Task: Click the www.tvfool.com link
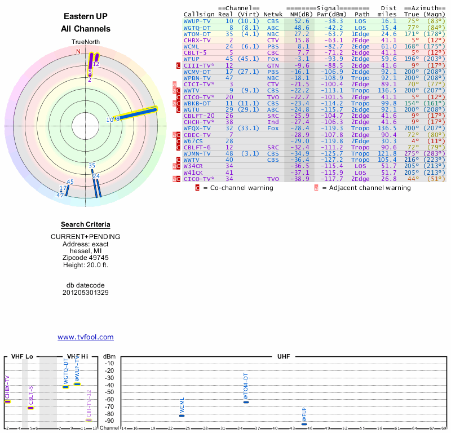[85, 337]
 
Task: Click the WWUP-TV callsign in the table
[197, 21]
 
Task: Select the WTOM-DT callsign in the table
[197, 34]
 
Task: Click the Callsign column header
[199, 15]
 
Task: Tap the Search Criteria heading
[85, 224]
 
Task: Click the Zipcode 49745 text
[85, 256]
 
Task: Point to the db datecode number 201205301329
[85, 293]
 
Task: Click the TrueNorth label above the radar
[85, 42]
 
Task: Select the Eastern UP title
[85, 16]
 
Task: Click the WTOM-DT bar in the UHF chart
[246, 402]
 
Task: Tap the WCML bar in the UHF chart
[182, 416]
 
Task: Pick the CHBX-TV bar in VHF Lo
[7, 401]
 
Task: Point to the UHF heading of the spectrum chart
[284, 357]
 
